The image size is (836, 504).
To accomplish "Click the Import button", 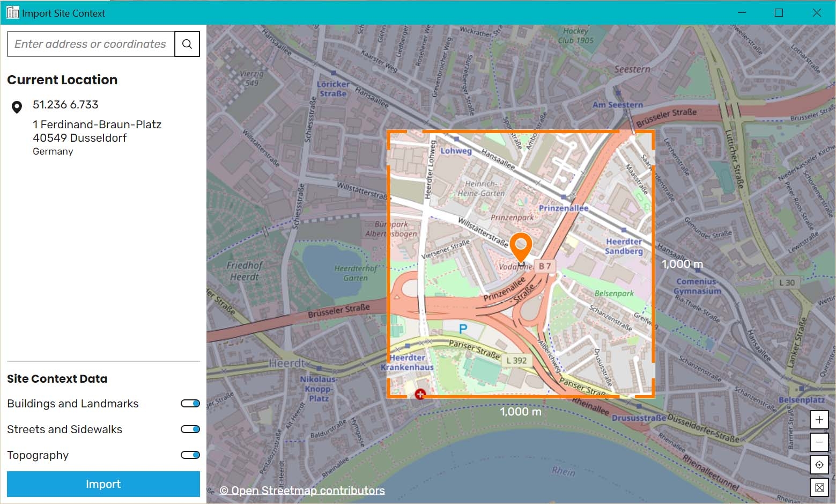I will click(x=103, y=484).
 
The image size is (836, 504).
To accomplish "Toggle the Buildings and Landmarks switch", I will click(x=190, y=404).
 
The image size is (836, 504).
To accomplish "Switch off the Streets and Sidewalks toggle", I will click(x=190, y=429).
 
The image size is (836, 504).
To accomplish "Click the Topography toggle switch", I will click(x=190, y=455).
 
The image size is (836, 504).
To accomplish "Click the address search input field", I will click(x=91, y=44).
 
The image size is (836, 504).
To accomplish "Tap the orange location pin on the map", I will click(x=521, y=247).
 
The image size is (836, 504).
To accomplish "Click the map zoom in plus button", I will click(x=819, y=420).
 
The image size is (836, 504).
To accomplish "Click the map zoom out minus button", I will click(x=819, y=442).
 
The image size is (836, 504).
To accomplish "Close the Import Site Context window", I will click(x=817, y=13).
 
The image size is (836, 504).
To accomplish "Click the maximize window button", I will click(x=779, y=13).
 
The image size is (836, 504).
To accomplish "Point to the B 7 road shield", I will click(x=545, y=266).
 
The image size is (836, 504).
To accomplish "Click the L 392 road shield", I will click(x=516, y=361).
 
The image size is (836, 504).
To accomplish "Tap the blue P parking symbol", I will click(x=463, y=328).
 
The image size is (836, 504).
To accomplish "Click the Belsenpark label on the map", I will click(x=614, y=294).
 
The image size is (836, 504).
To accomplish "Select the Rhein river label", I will click(x=564, y=471).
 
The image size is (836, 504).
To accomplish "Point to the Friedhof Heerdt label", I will click(x=245, y=271).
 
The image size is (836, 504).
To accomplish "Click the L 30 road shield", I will click(x=787, y=283).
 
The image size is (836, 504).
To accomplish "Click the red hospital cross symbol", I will click(x=420, y=395).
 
